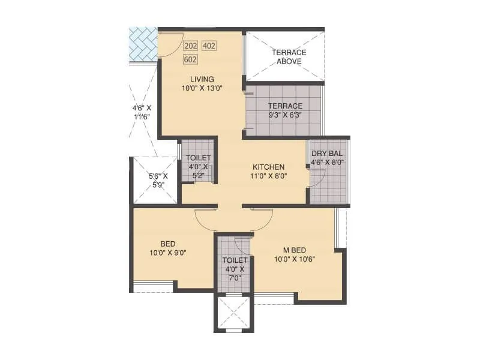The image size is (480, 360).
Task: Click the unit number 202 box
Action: coord(191,46)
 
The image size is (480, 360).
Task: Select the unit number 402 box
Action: coord(209,46)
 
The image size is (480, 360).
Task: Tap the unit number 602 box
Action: coord(191,59)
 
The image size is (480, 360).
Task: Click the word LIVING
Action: coord(202,79)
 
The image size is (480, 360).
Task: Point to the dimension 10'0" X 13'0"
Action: coord(202,88)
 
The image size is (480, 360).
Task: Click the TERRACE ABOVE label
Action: coord(289,56)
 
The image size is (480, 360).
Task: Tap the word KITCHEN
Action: coord(268,167)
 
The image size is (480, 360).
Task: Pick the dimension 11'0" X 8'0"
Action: coord(268,176)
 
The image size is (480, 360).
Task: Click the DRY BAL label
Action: coord(327,153)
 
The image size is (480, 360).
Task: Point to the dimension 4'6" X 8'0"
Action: coord(327,162)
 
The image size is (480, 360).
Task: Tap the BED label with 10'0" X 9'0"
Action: coord(167,243)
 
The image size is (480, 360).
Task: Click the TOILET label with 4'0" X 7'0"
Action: coord(235,260)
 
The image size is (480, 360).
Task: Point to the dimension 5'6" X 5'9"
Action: coord(158,181)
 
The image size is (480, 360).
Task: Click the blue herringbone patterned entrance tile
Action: coord(143,44)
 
